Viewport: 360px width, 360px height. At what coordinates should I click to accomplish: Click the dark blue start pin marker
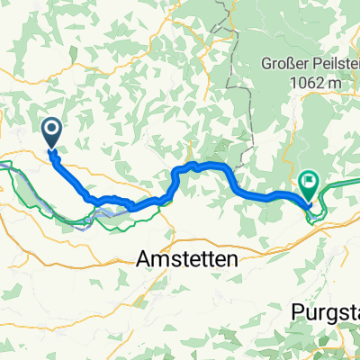tap(51, 135)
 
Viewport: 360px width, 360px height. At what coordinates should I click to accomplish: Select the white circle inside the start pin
tap(51, 131)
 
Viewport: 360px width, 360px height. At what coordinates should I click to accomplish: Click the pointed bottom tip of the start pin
tap(51, 149)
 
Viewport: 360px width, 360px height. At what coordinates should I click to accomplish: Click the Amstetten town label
tap(185, 259)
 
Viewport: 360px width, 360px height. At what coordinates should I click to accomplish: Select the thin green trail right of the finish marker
tap(342, 185)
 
